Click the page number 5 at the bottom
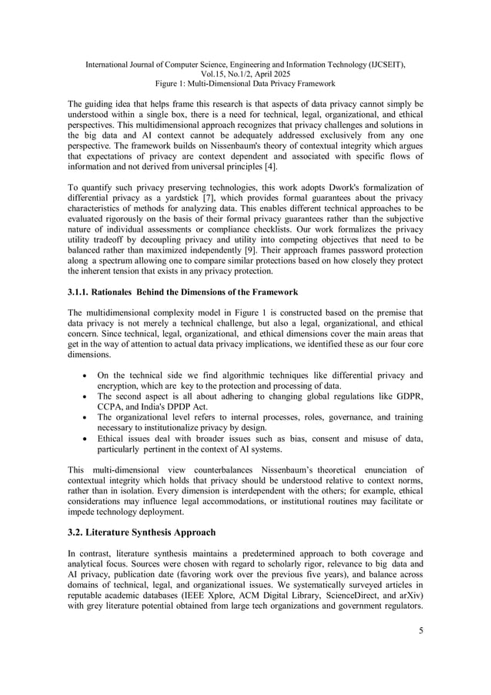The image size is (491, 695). pos(420,632)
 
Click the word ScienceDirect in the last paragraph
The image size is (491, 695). pos(338,596)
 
